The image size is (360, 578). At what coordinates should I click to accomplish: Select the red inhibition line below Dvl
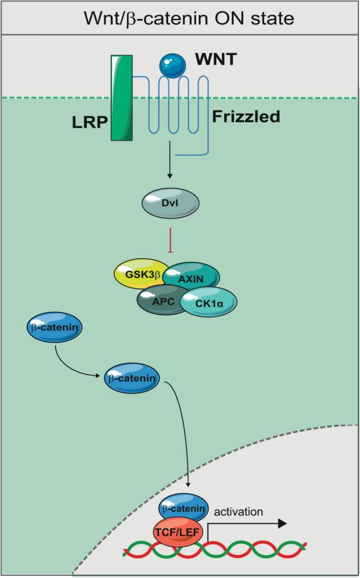[x=170, y=239]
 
